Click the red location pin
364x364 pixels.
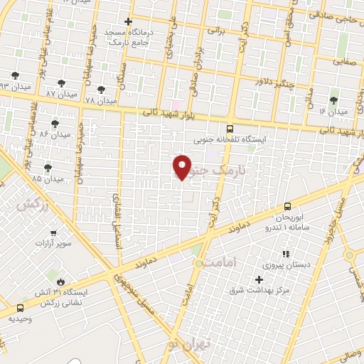coord(182,166)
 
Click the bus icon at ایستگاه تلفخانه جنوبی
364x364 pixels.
coord(229,129)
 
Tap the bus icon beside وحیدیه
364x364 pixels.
coord(19,309)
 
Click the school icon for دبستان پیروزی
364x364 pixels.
coord(286,254)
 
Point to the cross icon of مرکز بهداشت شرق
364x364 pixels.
coord(259,279)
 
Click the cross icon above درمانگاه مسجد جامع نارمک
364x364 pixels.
coord(128,22)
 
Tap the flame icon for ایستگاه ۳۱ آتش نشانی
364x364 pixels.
coord(60,282)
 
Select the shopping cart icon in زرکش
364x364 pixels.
coord(53,232)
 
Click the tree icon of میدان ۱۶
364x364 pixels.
coord(333,101)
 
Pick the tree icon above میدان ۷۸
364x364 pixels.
coord(100,90)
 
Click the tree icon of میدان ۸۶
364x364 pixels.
coord(55,124)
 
